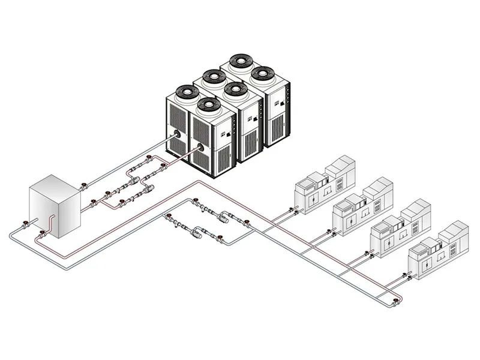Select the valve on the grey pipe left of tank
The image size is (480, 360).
[x=25, y=227]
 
